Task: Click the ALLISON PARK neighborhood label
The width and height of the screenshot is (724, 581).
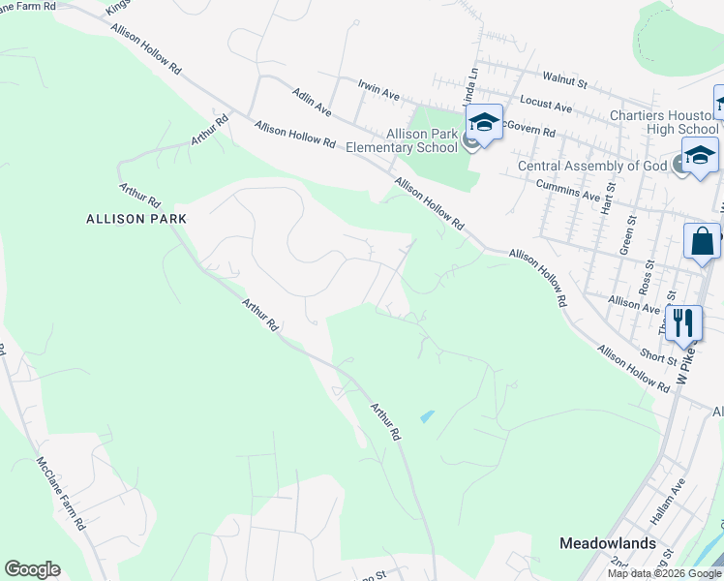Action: click(136, 219)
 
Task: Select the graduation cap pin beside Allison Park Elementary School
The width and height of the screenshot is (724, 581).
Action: click(484, 123)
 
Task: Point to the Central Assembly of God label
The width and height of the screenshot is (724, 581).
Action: click(592, 166)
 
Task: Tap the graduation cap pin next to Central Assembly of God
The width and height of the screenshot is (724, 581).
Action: click(700, 155)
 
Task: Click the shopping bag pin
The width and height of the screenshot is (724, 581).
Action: click(702, 242)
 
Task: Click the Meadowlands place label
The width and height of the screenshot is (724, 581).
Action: click(608, 543)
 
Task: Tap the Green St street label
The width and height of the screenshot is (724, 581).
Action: click(625, 238)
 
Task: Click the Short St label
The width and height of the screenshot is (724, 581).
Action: click(657, 357)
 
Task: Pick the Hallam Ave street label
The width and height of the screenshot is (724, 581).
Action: click(672, 495)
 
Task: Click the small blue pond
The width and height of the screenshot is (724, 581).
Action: click(427, 416)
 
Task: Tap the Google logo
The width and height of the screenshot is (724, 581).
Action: click(33, 569)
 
